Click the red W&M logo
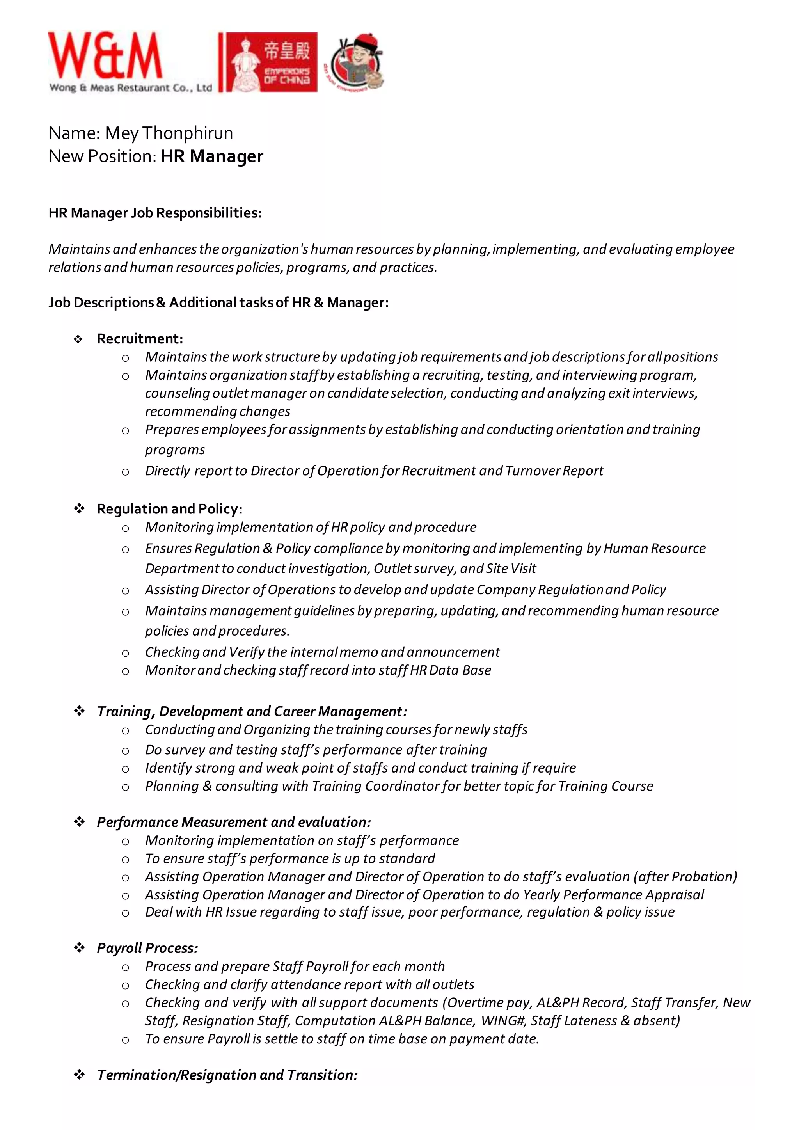(x=105, y=56)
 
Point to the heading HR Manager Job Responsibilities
(x=154, y=213)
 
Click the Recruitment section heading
(x=140, y=339)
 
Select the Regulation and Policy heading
(x=169, y=508)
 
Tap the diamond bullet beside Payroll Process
(x=79, y=947)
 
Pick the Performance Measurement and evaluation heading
(x=234, y=822)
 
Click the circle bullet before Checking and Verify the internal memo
(x=126, y=653)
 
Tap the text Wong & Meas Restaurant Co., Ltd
(x=130, y=88)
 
